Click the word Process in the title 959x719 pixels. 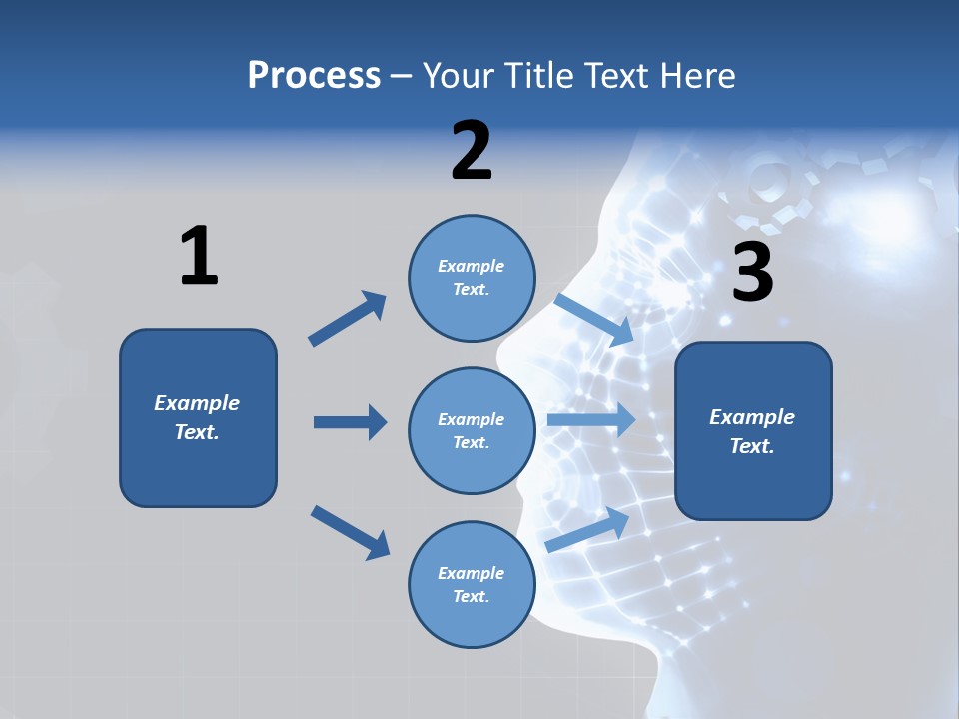coord(314,76)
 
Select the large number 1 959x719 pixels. coord(199,256)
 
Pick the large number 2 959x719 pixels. coord(472,151)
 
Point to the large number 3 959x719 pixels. coord(752,273)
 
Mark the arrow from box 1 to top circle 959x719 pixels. coord(347,319)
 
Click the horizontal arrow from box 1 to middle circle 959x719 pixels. coord(350,422)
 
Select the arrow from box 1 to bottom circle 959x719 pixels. coord(350,532)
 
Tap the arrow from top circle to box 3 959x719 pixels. coord(593,319)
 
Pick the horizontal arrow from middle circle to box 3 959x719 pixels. coord(591,419)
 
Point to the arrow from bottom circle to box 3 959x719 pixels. coord(587,529)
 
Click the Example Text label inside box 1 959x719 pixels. coord(197,417)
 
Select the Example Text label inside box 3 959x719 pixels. coord(752,431)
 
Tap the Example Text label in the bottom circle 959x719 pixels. coord(471,584)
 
